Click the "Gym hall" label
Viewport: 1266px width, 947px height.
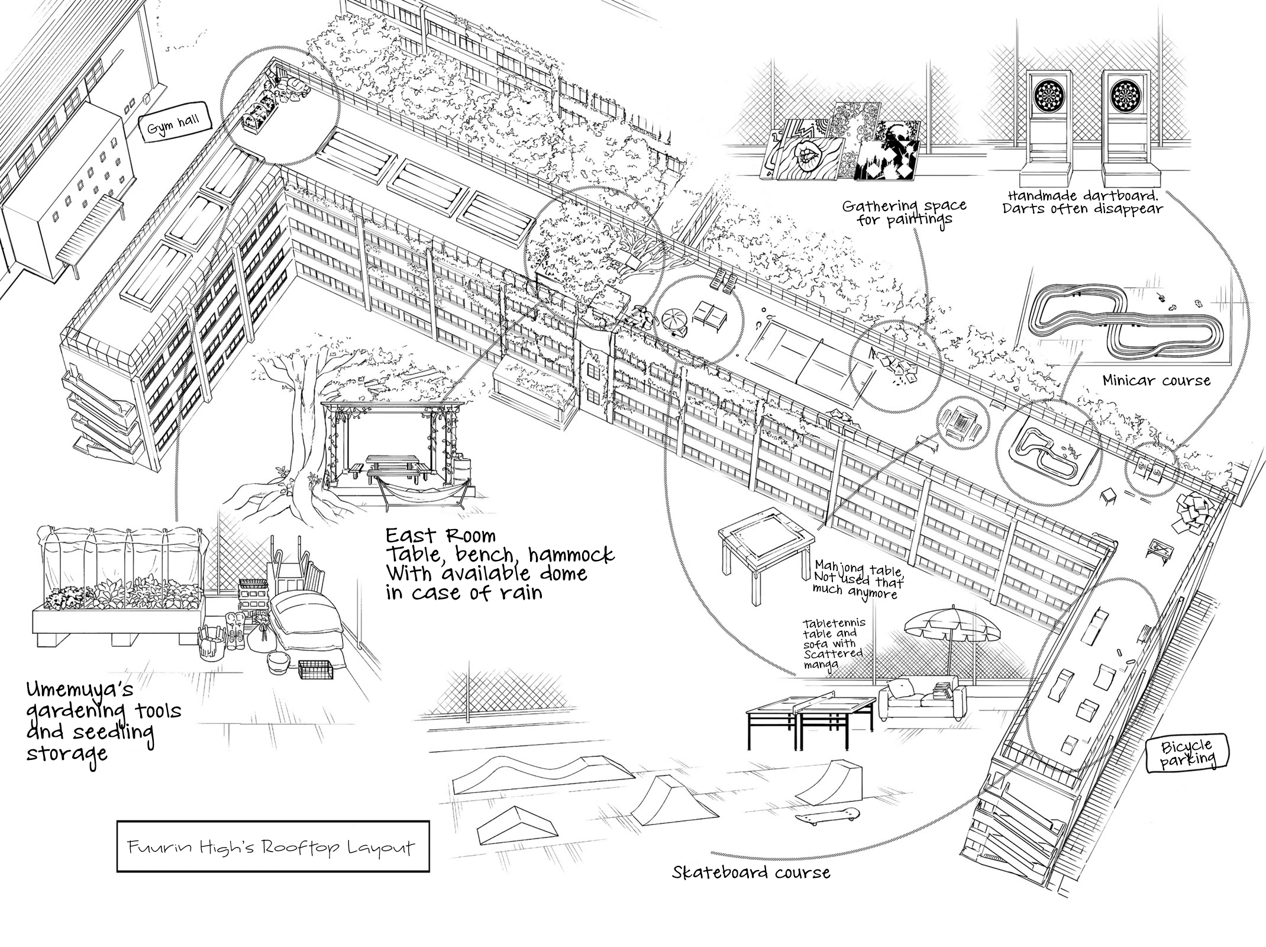[173, 125]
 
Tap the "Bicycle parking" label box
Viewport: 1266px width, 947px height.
[1187, 753]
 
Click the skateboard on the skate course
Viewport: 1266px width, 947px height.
[826, 816]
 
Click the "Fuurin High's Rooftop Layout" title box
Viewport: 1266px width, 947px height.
[273, 846]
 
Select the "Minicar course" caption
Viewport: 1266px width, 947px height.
[1156, 380]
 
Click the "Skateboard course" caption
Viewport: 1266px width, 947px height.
[751, 872]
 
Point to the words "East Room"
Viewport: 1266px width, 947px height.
[441, 536]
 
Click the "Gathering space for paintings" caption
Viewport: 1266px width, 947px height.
[904, 212]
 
